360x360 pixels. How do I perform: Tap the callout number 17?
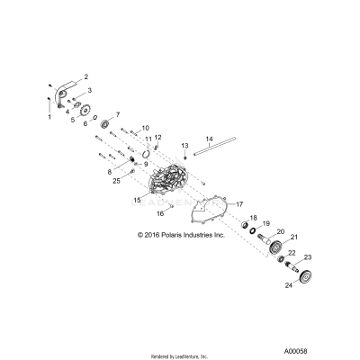(240, 205)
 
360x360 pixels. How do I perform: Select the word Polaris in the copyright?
(191, 238)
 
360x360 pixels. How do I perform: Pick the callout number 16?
(159, 214)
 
